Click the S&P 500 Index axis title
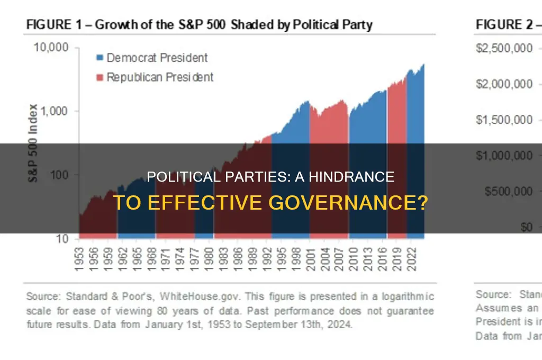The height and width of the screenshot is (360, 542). [33, 143]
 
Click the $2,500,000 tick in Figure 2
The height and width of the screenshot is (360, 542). [503, 48]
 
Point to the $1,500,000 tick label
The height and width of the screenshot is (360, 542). [503, 120]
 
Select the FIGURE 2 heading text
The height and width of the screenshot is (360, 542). [501, 24]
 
